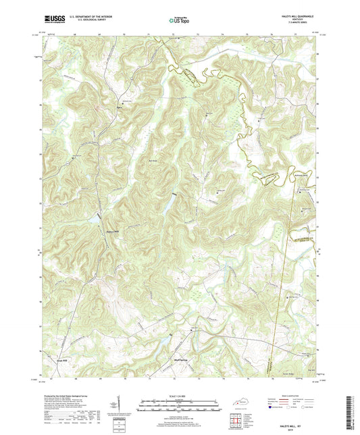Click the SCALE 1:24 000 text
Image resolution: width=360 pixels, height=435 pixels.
179,396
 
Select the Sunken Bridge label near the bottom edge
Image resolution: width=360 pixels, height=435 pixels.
291,369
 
